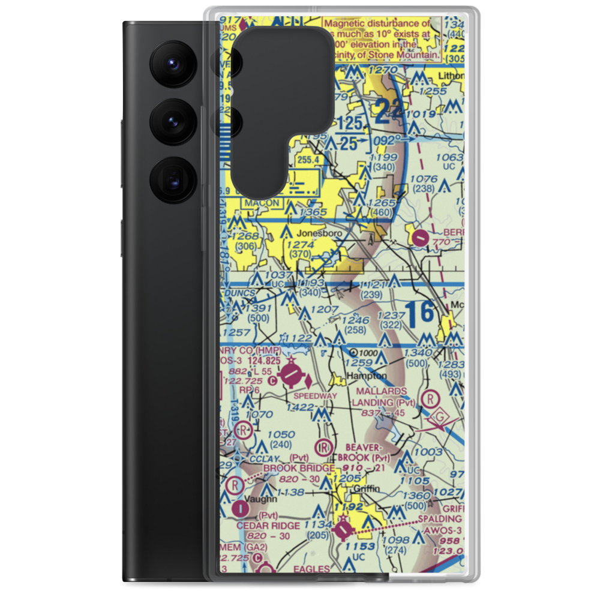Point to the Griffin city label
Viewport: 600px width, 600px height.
click(x=367, y=488)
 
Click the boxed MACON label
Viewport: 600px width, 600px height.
click(x=262, y=203)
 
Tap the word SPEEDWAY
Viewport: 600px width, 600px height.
click(x=315, y=396)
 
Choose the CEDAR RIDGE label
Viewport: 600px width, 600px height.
click(x=263, y=526)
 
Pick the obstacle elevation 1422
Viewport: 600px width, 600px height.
click(x=300, y=407)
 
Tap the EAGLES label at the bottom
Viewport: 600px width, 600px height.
click(x=313, y=569)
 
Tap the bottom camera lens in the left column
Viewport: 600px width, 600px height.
click(x=171, y=179)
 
